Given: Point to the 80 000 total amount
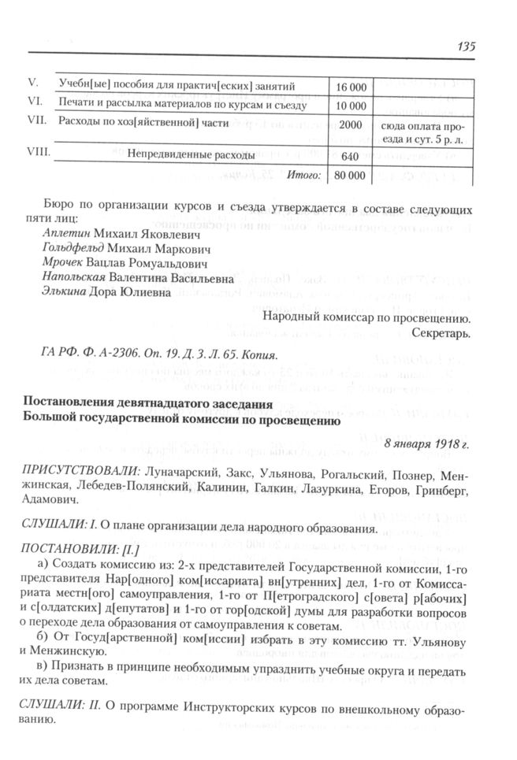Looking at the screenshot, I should [351, 175].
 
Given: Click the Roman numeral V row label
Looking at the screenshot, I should [34, 82].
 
